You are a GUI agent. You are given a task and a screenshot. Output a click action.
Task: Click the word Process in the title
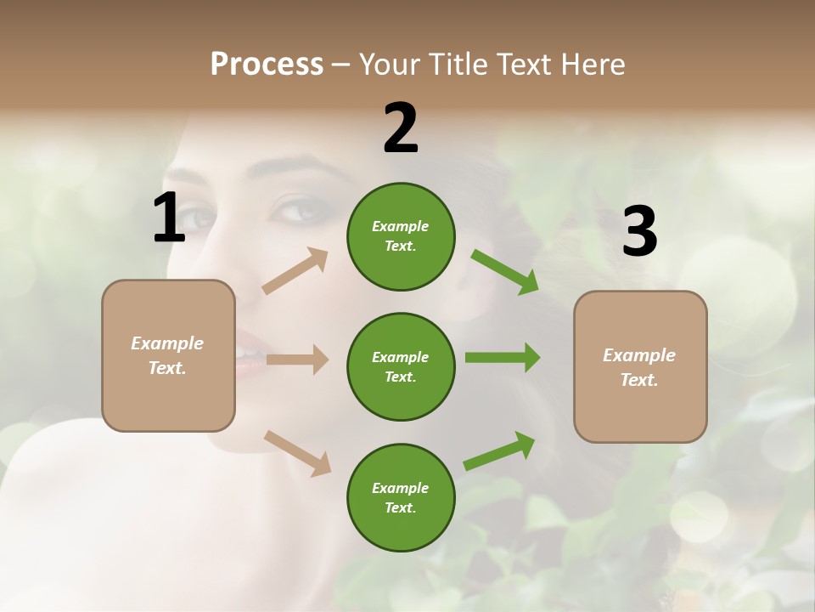coord(267,65)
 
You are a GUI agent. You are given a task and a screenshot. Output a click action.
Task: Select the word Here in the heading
coord(592,65)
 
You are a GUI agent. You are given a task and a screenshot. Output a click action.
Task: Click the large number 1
coord(169,218)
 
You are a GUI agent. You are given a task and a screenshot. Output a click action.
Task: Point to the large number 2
coord(401,128)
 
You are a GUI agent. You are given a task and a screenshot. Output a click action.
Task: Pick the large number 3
coord(639,232)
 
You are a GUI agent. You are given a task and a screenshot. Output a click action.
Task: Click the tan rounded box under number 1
coord(168,355)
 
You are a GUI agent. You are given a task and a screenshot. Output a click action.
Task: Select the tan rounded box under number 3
coord(640,366)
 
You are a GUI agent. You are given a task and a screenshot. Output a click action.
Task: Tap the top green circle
coord(401,236)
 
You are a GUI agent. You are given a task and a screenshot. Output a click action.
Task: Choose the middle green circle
coord(401,366)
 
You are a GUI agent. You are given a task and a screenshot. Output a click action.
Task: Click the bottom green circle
coord(401,497)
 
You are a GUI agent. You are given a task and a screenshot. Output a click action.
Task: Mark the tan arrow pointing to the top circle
coord(295,271)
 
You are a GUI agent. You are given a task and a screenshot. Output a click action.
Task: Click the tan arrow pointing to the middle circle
coord(297,360)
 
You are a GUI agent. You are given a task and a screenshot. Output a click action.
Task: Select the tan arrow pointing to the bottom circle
coord(297,452)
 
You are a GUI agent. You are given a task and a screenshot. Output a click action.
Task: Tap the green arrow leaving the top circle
coord(504,271)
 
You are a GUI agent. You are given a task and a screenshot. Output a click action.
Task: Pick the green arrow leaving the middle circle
coord(503,358)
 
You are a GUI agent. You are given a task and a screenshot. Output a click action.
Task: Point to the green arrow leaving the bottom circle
coord(500,450)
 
